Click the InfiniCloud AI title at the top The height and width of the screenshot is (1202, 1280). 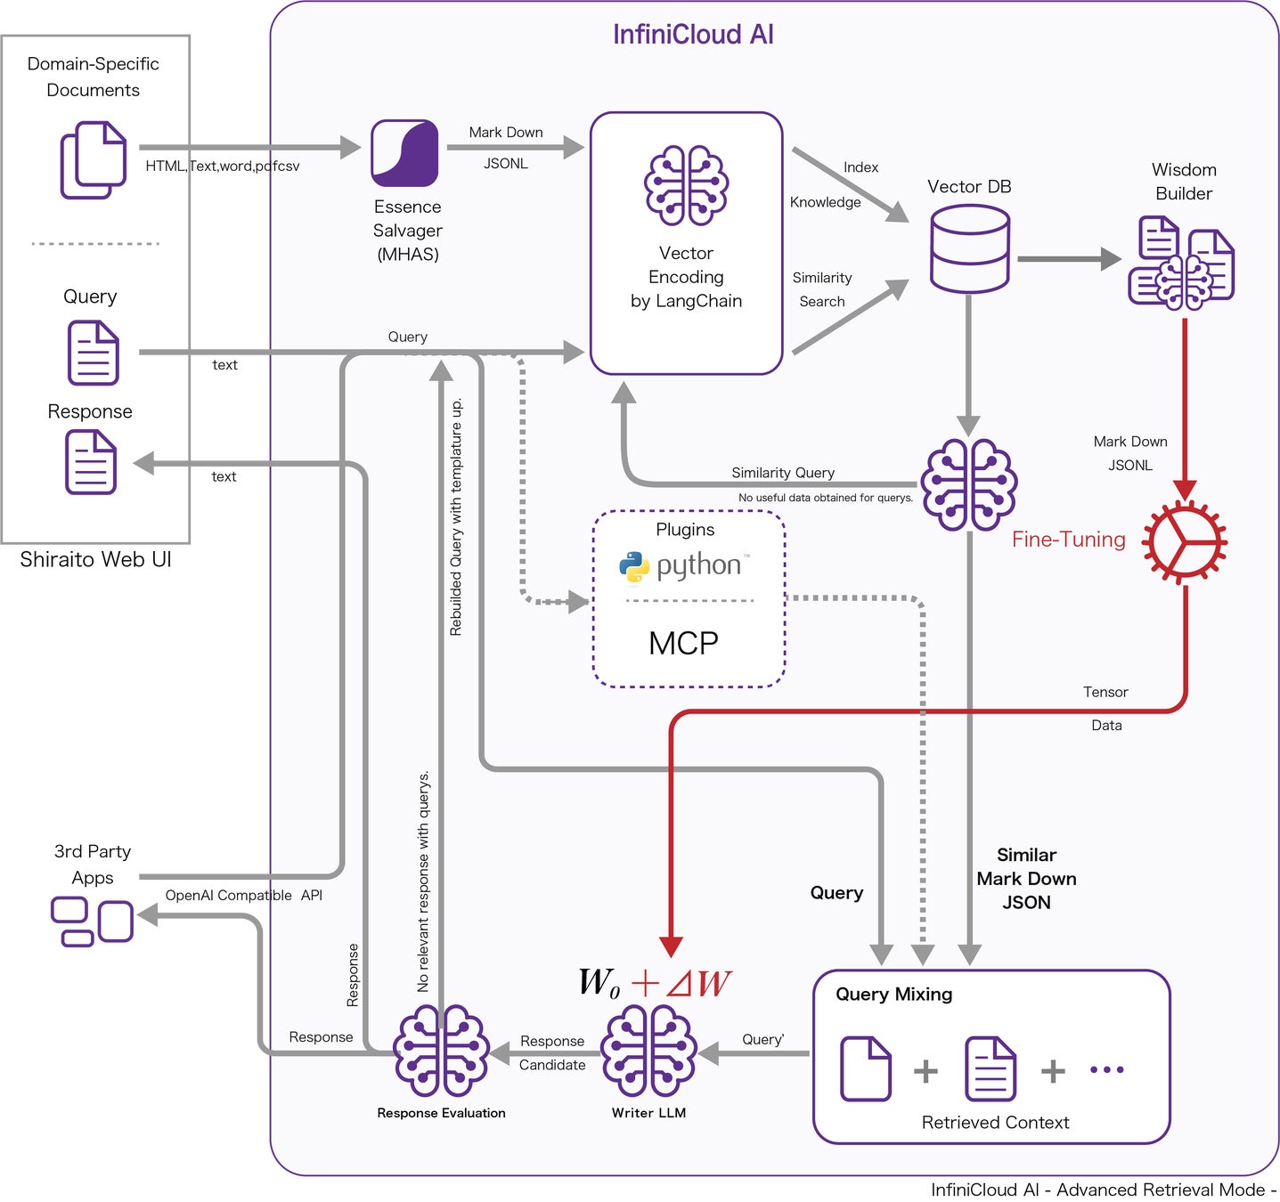[x=693, y=35]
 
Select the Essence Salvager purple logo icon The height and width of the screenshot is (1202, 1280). [x=404, y=153]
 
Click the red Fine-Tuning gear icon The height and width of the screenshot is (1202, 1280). [x=1185, y=541]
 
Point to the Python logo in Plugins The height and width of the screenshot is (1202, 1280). [x=634, y=567]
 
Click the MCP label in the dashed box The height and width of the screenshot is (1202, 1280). [x=683, y=643]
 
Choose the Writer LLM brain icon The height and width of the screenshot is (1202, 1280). [x=648, y=1052]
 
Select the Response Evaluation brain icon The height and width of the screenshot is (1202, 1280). [x=441, y=1052]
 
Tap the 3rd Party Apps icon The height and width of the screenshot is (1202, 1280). [x=92, y=922]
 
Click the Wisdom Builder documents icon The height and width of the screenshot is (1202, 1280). [x=1181, y=264]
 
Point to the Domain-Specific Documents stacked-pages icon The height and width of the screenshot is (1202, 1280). [x=93, y=160]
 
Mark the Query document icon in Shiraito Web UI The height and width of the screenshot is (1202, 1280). [x=93, y=353]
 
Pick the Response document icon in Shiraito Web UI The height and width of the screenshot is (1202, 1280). [x=91, y=462]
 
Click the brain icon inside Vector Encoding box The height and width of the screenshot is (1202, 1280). [x=686, y=185]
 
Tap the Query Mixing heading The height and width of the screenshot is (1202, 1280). [x=893, y=995]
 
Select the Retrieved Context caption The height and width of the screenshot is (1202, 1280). [x=995, y=1123]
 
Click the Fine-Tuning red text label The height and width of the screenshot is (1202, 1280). [x=1068, y=540]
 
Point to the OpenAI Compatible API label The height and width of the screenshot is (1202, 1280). [x=243, y=896]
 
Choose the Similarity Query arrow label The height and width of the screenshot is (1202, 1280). [x=783, y=473]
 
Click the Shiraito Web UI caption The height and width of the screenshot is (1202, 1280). [x=95, y=560]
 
